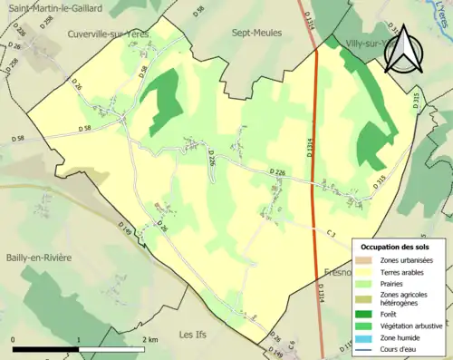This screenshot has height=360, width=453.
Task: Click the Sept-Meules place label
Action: tap(257, 33)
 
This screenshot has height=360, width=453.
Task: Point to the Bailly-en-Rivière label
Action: tap(36, 258)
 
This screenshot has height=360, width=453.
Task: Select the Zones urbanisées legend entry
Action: tap(406, 260)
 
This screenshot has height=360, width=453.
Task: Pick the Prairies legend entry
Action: tap(393, 284)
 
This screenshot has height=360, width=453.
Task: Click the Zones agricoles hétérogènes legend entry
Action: tap(403, 298)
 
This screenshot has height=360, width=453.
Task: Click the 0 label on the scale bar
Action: tap(14, 338)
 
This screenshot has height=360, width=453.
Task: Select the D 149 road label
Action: tap(127, 234)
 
